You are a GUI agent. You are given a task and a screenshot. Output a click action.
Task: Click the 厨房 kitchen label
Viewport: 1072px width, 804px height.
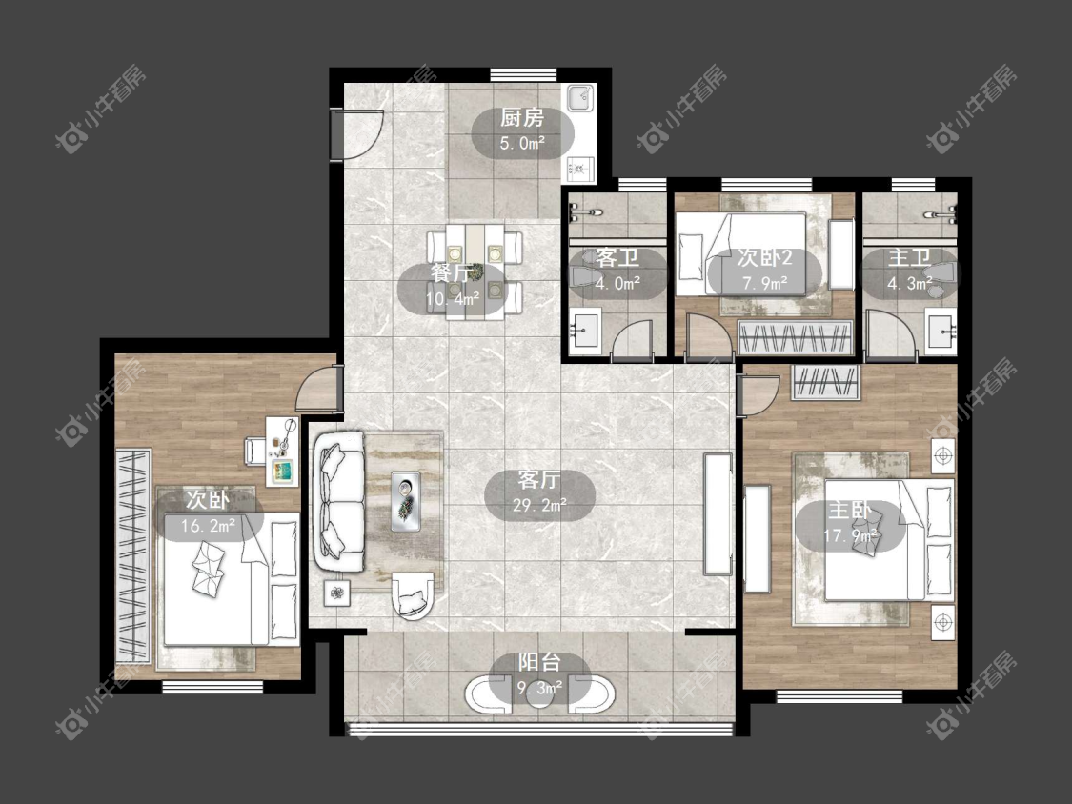click(522, 118)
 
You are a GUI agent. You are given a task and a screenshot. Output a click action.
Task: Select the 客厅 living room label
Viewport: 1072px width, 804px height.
click(538, 480)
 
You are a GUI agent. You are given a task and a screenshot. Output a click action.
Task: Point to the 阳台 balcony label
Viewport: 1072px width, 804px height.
click(539, 662)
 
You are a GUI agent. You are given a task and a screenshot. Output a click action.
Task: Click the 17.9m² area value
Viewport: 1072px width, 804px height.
click(851, 536)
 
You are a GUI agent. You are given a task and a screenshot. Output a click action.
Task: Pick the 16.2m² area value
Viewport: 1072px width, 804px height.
click(209, 526)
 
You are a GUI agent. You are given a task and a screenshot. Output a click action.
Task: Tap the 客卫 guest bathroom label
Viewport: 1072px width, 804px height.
click(617, 258)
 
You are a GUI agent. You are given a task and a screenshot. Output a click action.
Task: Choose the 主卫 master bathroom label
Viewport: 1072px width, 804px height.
click(909, 258)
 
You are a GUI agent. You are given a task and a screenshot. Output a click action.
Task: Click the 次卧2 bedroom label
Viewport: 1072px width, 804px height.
click(764, 258)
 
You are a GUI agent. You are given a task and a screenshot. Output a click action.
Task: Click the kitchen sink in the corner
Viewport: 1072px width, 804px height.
click(580, 98)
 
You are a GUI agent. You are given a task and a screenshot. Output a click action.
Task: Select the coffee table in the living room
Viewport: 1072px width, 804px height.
click(406, 500)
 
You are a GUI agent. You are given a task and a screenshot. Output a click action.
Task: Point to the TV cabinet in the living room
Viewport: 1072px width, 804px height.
click(718, 513)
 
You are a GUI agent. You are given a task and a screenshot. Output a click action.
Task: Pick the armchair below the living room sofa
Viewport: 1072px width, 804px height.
click(413, 595)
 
